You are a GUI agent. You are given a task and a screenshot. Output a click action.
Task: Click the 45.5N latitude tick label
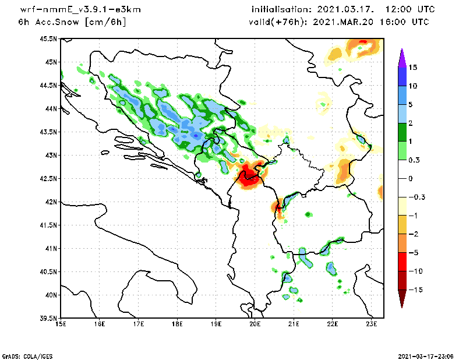(48, 39)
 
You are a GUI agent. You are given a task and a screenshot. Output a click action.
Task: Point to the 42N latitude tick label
(51, 202)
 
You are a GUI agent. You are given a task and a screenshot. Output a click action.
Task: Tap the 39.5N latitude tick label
(48, 319)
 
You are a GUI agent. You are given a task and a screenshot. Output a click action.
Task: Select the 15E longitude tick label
(61, 324)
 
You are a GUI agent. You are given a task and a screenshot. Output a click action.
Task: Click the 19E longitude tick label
(216, 324)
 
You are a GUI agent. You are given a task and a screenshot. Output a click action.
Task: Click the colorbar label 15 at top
(412, 67)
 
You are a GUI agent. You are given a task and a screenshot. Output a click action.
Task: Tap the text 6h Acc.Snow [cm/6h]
(72, 22)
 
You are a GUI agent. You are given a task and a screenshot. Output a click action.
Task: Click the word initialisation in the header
(281, 10)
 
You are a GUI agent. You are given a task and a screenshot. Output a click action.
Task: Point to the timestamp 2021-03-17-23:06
(430, 355)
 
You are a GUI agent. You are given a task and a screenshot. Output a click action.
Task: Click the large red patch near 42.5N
(249, 176)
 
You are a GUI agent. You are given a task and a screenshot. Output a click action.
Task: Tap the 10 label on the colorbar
(412, 86)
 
